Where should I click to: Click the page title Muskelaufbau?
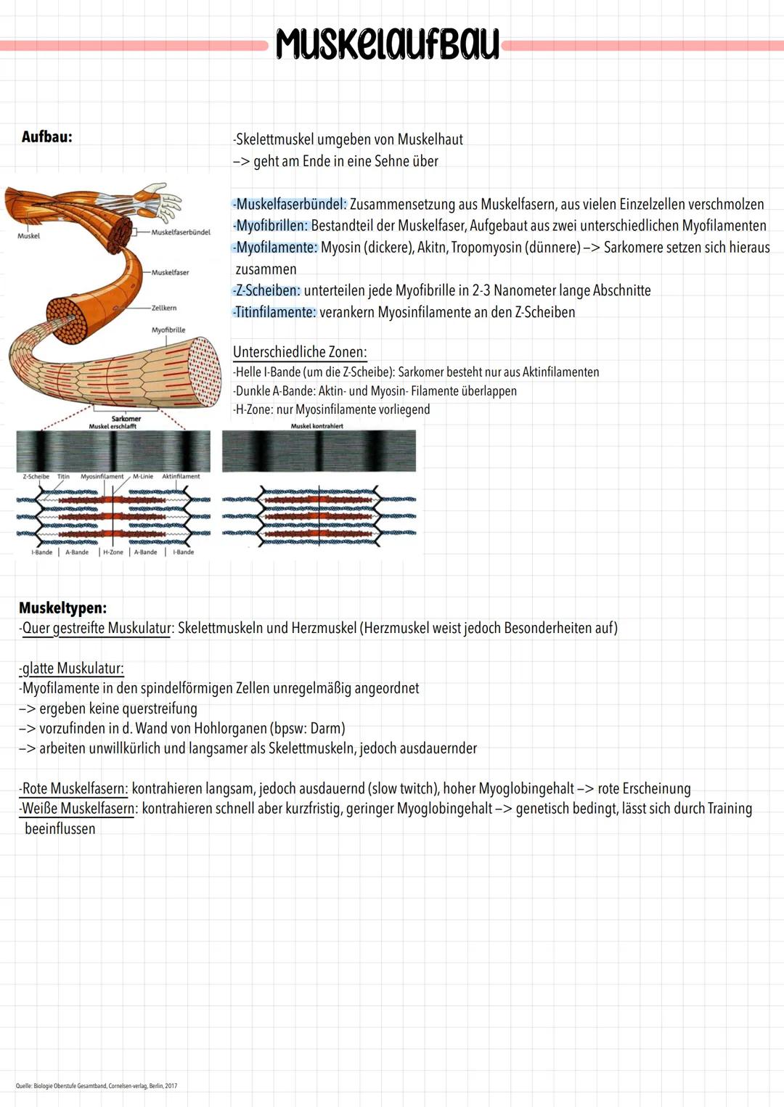(387, 44)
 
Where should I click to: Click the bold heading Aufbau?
(47, 136)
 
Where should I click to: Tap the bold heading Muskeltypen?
(63, 608)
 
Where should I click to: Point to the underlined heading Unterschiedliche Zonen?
(300, 352)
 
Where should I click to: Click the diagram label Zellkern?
(164, 308)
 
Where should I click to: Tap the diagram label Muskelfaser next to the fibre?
(170, 272)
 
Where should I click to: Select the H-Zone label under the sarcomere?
(113, 552)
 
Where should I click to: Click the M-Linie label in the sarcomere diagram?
(143, 477)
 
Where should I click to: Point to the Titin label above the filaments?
(64, 477)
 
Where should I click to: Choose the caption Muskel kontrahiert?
(317, 426)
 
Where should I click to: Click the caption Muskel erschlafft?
(113, 426)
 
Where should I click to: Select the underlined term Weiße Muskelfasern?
(78, 809)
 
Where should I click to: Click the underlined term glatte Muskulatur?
(73, 668)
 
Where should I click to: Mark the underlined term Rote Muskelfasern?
(75, 788)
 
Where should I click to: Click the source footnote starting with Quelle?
(97, 1086)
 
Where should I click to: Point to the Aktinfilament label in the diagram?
(181, 477)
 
